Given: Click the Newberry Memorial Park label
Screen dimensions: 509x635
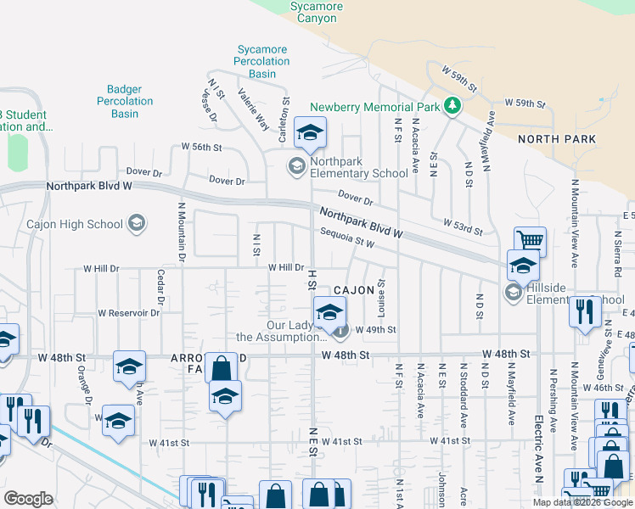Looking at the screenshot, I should click(x=374, y=107).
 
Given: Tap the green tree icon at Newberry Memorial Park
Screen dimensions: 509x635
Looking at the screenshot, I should click(x=454, y=106).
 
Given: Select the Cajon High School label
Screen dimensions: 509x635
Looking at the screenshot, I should click(x=75, y=224).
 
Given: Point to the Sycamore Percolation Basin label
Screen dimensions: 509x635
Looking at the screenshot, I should click(x=262, y=62).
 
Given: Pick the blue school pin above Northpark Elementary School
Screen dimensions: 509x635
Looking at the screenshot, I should click(x=310, y=134).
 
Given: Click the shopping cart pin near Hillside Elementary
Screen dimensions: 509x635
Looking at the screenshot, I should click(x=530, y=241).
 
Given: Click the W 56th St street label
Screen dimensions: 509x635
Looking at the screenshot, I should click(x=201, y=147).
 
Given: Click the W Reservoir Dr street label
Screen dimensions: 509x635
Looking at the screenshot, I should click(x=128, y=313).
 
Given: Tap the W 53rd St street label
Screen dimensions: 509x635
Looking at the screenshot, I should click(x=463, y=227).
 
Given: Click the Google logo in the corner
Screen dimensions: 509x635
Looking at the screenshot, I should click(x=28, y=499).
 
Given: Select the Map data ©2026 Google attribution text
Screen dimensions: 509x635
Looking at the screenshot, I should click(x=583, y=502).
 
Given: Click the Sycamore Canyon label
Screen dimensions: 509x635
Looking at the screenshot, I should click(x=317, y=13).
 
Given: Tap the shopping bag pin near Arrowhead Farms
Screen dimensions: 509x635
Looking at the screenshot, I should click(x=221, y=369).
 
